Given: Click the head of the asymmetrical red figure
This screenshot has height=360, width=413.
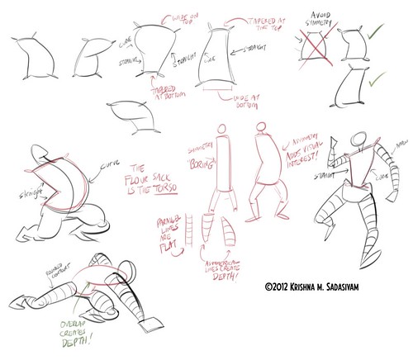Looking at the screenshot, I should point(261,127).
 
